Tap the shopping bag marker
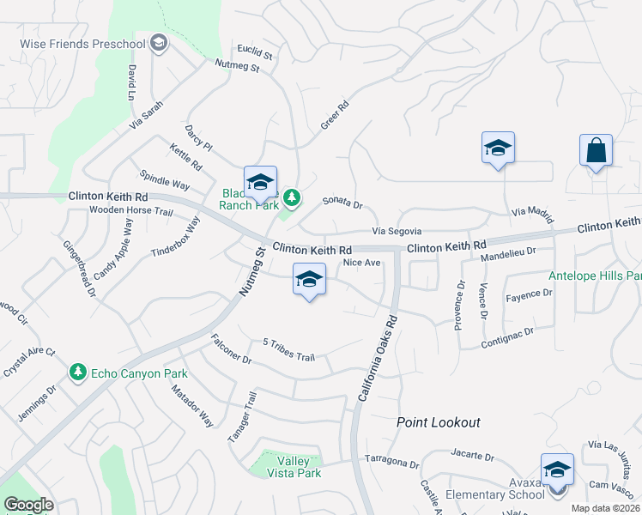coord(596,151)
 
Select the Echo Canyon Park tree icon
coord(78,373)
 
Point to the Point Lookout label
coord(438,422)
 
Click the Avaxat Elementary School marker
coord(557,470)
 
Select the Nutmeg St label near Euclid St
coord(237,66)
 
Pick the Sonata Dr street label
coord(343,203)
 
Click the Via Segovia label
coord(397,231)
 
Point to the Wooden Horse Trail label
coord(131,210)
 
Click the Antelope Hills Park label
coord(596,276)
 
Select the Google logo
coord(28,505)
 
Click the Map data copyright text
coord(602,508)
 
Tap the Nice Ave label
coord(360,263)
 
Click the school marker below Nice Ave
coord(309,280)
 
